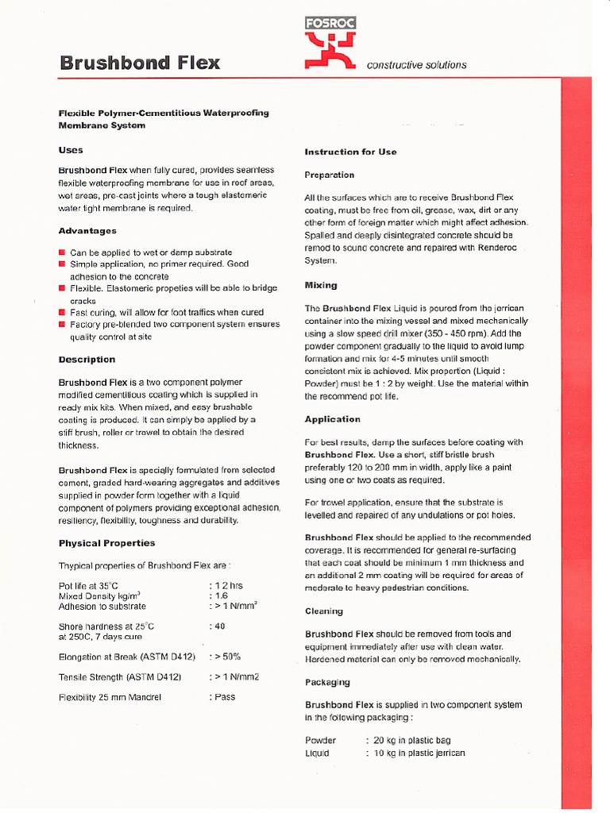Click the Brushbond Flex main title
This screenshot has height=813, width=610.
tap(140, 63)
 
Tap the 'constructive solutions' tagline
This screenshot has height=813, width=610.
tap(416, 65)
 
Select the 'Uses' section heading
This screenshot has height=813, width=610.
tap(71, 150)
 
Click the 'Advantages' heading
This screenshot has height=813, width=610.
tap(87, 231)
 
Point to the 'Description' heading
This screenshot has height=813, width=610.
tap(87, 360)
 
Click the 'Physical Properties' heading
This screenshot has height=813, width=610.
tap(106, 543)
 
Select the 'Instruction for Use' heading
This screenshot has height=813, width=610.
tap(350, 152)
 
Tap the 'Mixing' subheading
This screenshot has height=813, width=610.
tap(321, 285)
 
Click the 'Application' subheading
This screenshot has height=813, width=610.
tap(332, 419)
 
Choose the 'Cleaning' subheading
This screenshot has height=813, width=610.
tap(324, 611)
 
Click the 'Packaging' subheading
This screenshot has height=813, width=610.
tap(327, 682)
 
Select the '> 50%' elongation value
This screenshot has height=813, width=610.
tap(225, 657)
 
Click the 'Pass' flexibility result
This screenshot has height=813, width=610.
tap(224, 697)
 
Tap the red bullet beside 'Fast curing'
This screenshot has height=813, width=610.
tap(61, 313)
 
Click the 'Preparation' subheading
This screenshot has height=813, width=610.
tap(329, 175)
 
